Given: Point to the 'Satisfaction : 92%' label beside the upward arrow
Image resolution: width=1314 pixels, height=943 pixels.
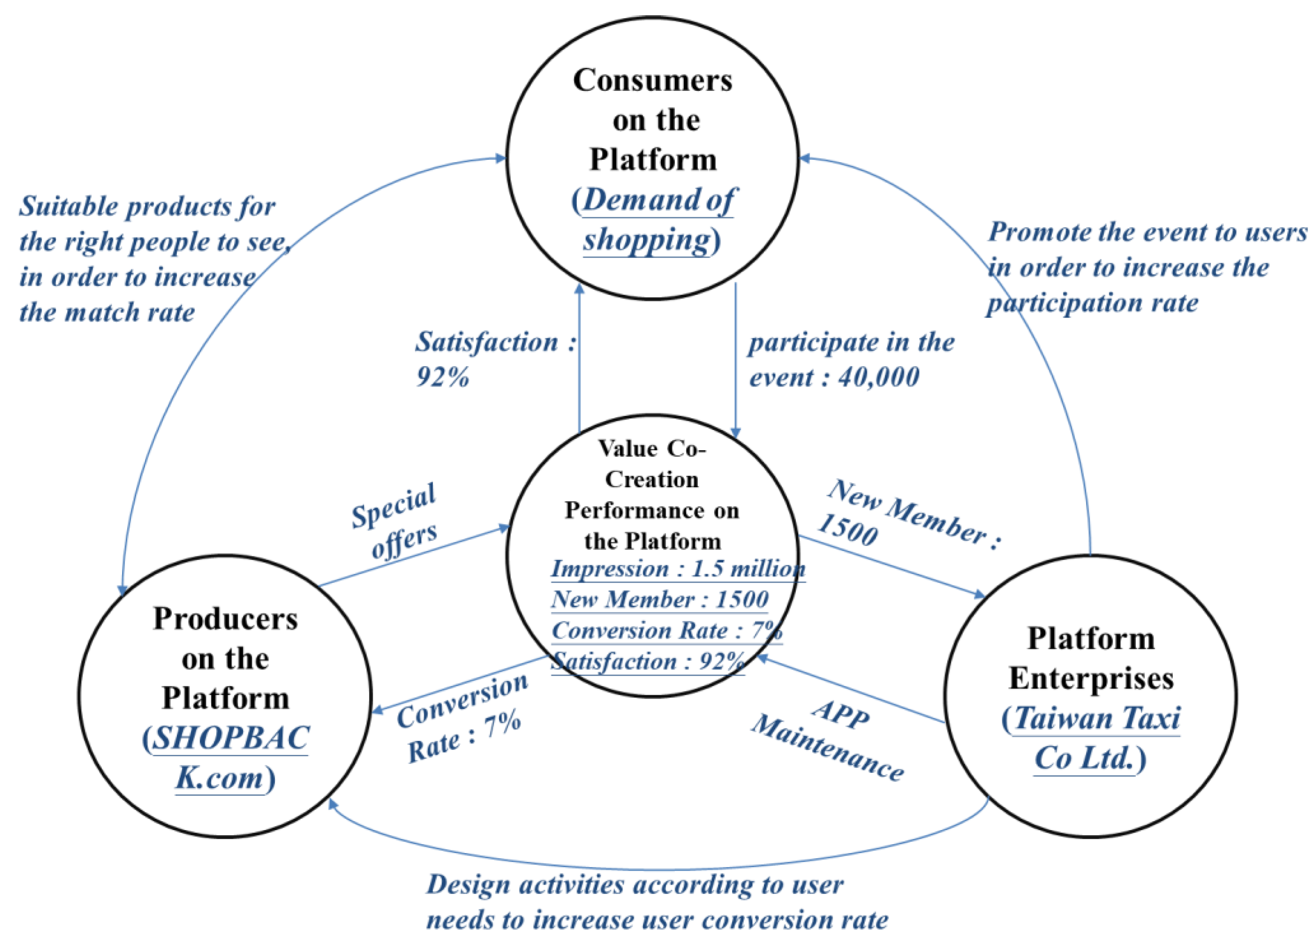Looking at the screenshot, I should coord(495,359).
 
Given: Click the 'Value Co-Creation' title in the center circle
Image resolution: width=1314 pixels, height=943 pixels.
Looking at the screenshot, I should coord(652,464).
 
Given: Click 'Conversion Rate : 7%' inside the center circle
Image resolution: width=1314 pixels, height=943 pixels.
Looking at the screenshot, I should coord(666,631).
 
